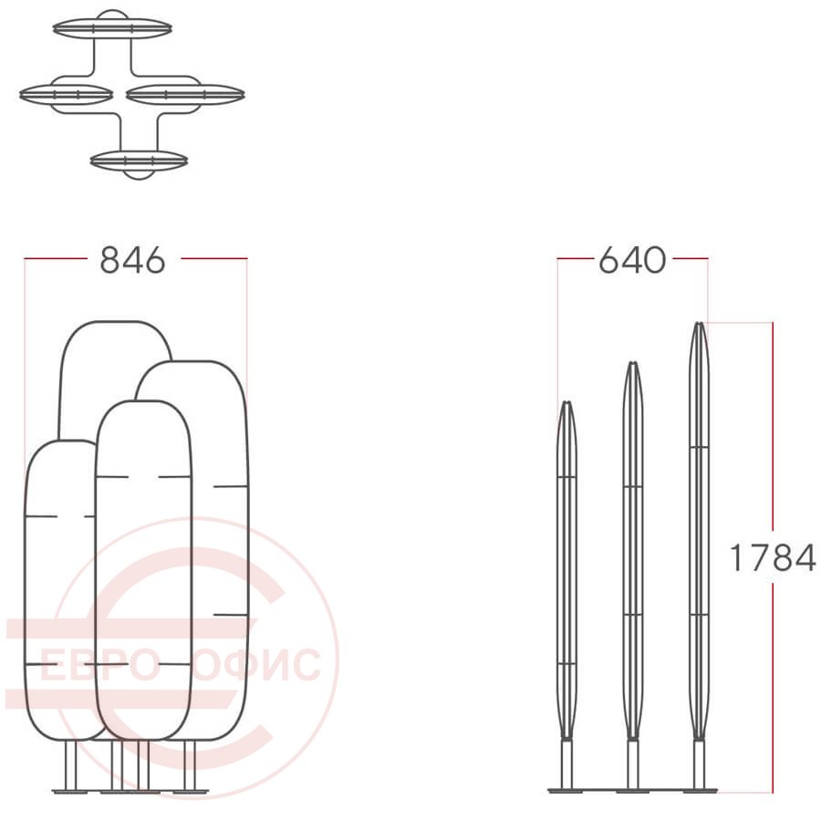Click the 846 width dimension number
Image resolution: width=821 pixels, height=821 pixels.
[132, 260]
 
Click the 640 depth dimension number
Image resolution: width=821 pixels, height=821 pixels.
[632, 260]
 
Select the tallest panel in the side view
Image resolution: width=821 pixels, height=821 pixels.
[699, 530]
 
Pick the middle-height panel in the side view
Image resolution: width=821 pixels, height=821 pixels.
[633, 550]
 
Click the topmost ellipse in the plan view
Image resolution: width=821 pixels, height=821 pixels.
[112, 28]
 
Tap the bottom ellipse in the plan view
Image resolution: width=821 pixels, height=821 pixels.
[140, 161]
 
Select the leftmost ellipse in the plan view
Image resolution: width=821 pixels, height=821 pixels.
[67, 95]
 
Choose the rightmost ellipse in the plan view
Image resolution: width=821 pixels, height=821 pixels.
[185, 95]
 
